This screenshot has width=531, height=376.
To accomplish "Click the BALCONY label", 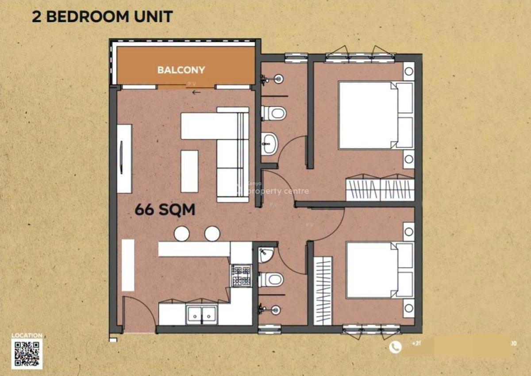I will coord(181,70).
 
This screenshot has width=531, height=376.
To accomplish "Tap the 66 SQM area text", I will coord(165,210).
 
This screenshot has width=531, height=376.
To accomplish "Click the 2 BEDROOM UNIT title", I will coord(102,16).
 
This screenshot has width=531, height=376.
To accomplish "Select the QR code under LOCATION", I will coord(27,354).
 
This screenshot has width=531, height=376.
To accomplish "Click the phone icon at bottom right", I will coord(395,347).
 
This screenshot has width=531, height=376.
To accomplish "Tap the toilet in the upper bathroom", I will coord(273,113).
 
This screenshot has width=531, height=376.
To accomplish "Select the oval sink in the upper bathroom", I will coord(269,143).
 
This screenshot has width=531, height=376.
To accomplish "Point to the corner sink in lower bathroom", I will coord(265,254).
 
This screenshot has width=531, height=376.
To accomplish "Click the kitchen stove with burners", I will coord(241,276).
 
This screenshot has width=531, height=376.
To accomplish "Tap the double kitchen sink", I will coord(201,314).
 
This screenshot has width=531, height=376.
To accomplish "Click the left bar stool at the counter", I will coord(182,234).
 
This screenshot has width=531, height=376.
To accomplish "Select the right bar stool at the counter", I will coord(212,234).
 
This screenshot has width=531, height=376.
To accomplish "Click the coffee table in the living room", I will coord(189,171).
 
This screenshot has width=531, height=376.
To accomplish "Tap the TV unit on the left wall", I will coord(124,158).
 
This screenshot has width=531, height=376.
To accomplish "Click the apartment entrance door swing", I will coord(137,312).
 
